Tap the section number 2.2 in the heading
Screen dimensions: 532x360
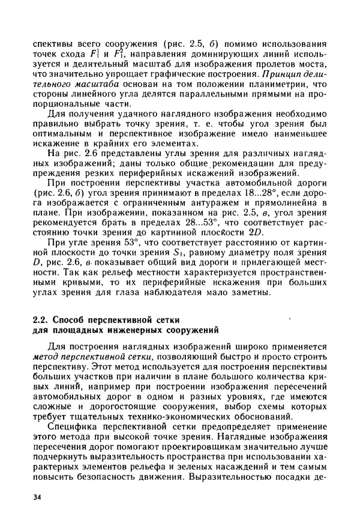coord(40,319)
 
